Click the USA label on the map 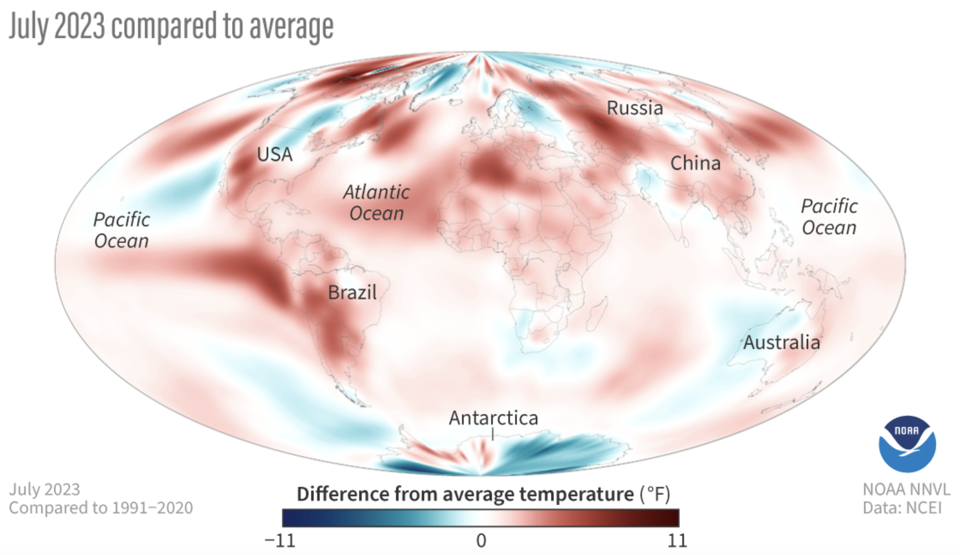coord(274,154)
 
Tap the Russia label coord(635,108)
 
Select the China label coord(695,163)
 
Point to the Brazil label coord(352,292)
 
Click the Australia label coord(782,343)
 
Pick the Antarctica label coord(493,418)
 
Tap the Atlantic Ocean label coord(376,203)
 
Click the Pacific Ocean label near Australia coord(829,217)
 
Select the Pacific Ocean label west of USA coord(122,230)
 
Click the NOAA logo coord(907,444)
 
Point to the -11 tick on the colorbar coord(280,541)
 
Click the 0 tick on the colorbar coord(481,541)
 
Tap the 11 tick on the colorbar coord(677,541)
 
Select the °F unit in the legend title coord(655,494)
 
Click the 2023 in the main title coord(80,27)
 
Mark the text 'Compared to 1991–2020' coord(101,508)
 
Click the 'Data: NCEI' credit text coord(902,508)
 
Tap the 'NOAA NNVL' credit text coord(906,489)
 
